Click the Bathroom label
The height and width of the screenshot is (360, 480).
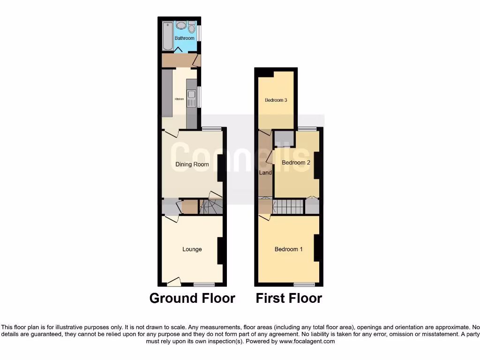pyautogui.click(x=184, y=38)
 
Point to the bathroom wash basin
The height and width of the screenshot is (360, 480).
pyautogui.click(x=180, y=26)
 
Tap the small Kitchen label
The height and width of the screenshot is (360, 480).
pyautogui.click(x=179, y=99)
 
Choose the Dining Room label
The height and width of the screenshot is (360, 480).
pyautogui.click(x=192, y=165)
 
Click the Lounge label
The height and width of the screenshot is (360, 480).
pyautogui.click(x=192, y=249)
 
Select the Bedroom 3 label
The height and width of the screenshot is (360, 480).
pyautogui.click(x=276, y=100)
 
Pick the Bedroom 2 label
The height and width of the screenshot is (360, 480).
pyautogui.click(x=296, y=163)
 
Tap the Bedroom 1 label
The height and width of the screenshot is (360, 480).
pyautogui.click(x=288, y=249)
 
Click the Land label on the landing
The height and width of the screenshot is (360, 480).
pyautogui.click(x=265, y=173)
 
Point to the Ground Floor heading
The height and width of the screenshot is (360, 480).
pyautogui.click(x=192, y=298)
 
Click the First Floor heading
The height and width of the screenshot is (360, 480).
pyautogui.click(x=289, y=298)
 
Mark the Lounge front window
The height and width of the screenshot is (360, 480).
pyautogui.click(x=204, y=284)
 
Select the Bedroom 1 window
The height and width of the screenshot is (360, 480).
pyautogui.click(x=304, y=284)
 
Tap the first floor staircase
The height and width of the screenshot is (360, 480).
pyautogui.click(x=288, y=206)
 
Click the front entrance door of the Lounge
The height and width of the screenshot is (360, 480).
pyautogui.click(x=173, y=282)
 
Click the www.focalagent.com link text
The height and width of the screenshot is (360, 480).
pyautogui.click(x=307, y=342)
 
